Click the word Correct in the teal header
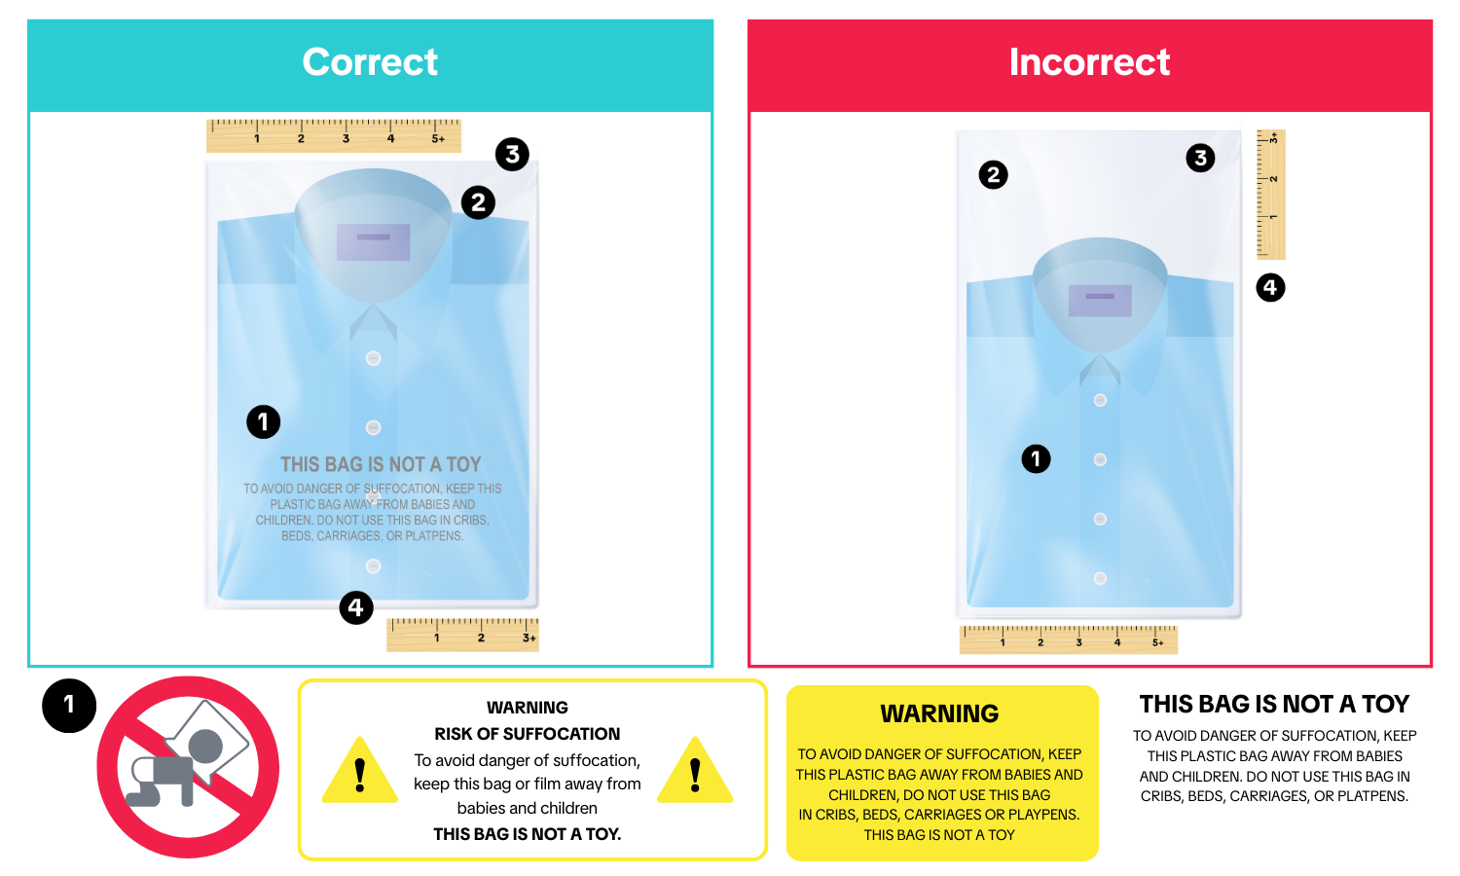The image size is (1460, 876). click(370, 62)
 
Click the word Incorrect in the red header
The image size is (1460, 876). click(1089, 62)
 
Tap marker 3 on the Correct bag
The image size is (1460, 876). click(512, 155)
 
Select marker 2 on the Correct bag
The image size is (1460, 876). click(479, 202)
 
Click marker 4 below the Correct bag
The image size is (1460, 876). click(356, 608)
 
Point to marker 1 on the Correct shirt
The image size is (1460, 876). click(264, 421)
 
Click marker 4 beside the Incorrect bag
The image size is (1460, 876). click(1270, 287)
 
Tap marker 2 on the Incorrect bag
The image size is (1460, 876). click(994, 174)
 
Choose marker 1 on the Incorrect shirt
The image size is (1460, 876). click(1036, 458)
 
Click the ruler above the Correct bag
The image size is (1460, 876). click(334, 135)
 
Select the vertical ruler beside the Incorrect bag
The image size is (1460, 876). click(1271, 195)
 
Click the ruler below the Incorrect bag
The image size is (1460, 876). click(1069, 639)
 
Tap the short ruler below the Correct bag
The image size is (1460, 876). click(462, 635)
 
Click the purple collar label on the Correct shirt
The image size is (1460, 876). click(374, 242)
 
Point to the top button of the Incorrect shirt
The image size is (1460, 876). click(1100, 400)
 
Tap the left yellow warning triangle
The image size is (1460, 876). click(360, 771)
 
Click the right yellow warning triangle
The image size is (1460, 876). click(695, 771)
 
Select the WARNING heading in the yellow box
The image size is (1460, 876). click(939, 713)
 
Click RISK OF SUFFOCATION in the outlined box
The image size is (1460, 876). click(528, 734)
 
